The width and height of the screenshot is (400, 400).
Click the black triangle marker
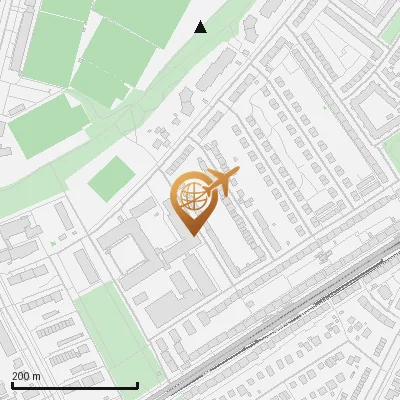201,27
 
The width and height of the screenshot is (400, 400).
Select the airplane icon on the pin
217,184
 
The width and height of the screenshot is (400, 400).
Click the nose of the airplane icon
237,173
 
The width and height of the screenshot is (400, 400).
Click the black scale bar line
74,386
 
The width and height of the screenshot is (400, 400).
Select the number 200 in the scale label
22,376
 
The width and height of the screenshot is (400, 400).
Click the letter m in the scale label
37,376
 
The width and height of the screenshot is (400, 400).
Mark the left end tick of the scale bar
12,385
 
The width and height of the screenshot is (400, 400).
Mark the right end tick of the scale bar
137,385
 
